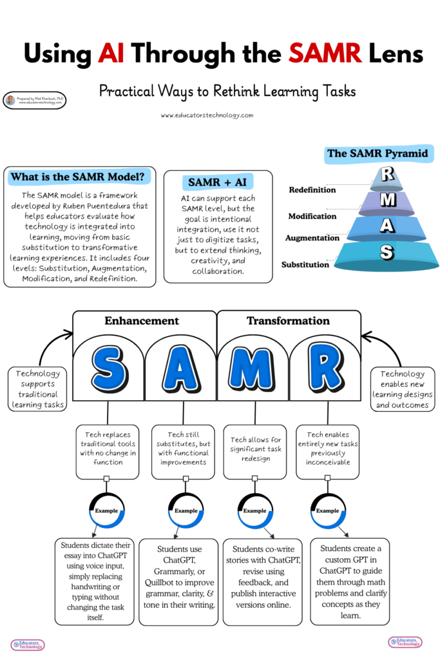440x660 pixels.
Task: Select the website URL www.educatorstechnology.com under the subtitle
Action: tap(207, 115)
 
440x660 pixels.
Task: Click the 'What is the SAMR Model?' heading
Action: tap(79, 176)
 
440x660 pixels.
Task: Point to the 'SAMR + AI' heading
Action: tap(217, 182)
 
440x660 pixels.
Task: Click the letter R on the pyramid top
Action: tap(387, 175)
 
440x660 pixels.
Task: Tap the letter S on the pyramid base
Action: tap(387, 253)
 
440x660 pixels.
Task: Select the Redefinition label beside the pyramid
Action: tap(312, 190)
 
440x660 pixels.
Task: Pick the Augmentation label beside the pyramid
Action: tap(312, 238)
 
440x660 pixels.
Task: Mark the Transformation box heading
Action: tap(288, 320)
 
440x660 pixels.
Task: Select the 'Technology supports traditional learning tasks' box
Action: tap(37, 389)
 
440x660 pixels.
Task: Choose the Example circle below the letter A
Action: tap(186, 510)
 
